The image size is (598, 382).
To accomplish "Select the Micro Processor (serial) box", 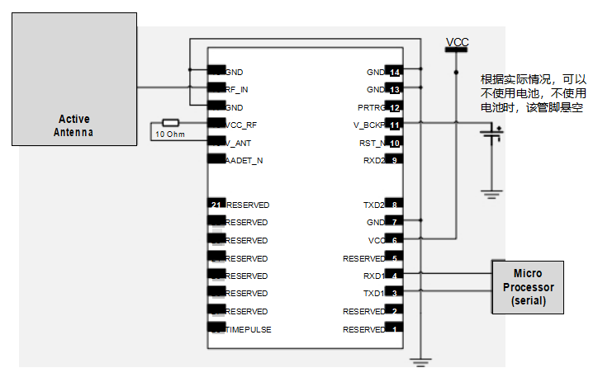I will [528, 287].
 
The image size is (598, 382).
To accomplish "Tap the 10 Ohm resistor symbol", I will [170, 122].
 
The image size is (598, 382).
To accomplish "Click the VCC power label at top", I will [457, 42].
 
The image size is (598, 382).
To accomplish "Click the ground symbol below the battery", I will [492, 195].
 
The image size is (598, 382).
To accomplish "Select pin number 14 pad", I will [395, 72].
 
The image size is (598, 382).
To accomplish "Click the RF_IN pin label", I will [237, 89].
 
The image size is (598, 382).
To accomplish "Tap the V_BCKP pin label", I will [369, 125].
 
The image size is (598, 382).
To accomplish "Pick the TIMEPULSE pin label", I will [249, 329].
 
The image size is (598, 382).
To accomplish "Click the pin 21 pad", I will [216, 205].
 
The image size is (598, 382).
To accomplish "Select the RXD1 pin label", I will [374, 276].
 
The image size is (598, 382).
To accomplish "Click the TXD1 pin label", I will [374, 293].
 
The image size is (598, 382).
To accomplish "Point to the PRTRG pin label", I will [372, 107].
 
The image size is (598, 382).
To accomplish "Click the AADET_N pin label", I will [244, 160].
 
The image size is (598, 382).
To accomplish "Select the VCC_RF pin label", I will [240, 125].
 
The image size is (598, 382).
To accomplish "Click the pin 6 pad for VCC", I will [395, 240].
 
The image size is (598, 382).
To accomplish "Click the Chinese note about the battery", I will [534, 93].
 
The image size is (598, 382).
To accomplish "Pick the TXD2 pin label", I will [374, 205].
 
